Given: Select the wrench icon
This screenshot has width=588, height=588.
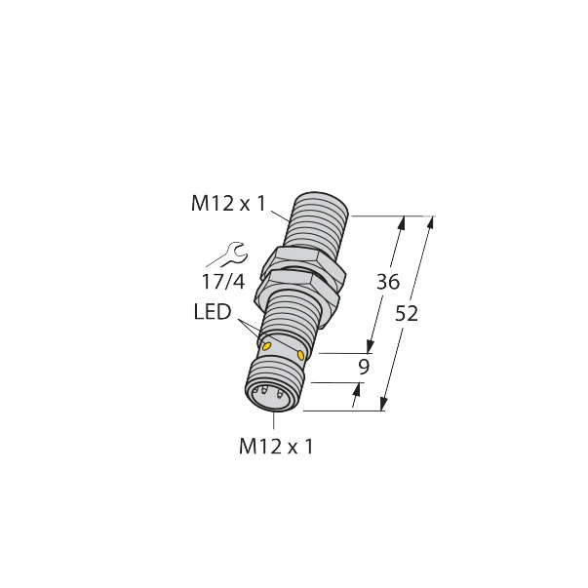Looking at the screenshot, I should coord(222,256).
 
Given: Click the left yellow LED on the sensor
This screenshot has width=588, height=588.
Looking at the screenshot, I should coord(267,343).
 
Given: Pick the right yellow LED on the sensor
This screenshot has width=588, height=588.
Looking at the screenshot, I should coord(300,356).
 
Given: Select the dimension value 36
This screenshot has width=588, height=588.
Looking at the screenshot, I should coord(388,284).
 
